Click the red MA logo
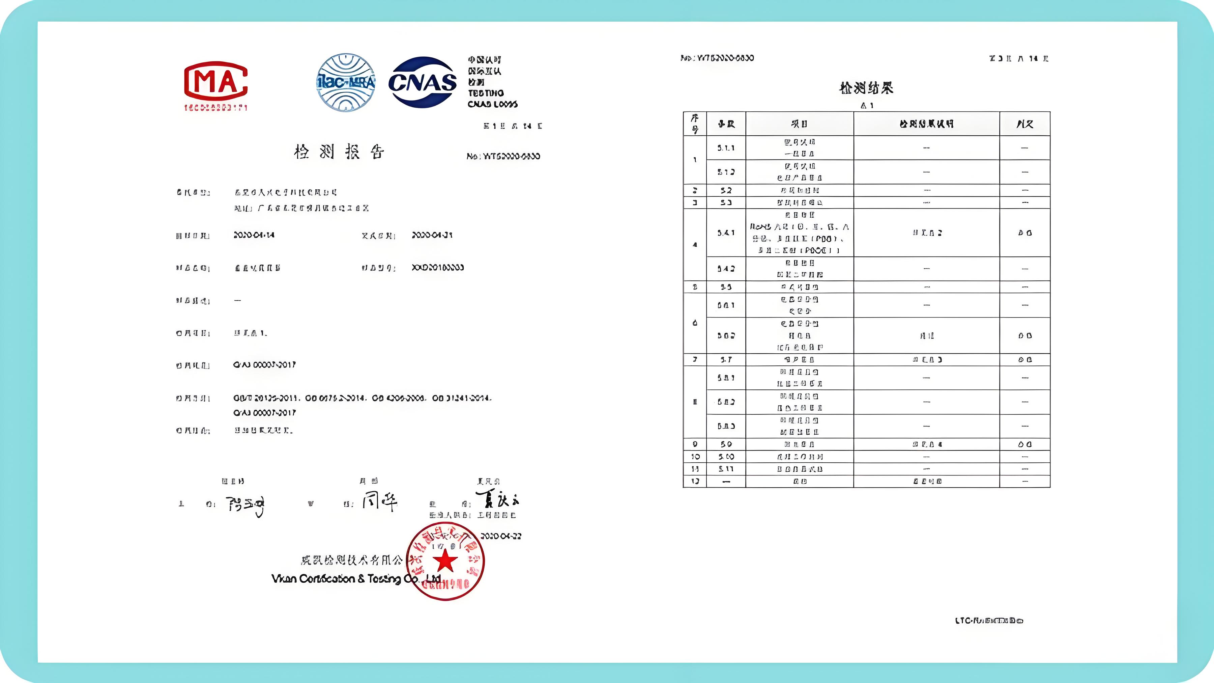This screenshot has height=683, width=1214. click(x=216, y=81)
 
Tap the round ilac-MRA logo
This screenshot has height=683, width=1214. click(x=346, y=83)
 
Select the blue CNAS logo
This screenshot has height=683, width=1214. click(x=422, y=83)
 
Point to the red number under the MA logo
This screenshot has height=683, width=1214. click(x=216, y=108)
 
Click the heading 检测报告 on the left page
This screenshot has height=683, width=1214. click(x=339, y=152)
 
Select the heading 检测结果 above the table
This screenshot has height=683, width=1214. click(x=866, y=88)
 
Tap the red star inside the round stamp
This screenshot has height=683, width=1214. click(x=445, y=561)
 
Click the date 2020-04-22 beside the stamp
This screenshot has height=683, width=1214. click(x=500, y=536)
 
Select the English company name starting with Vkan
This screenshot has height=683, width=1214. click(x=356, y=579)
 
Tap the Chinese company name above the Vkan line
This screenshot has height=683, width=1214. click(x=352, y=561)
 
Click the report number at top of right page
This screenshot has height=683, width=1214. click(x=717, y=58)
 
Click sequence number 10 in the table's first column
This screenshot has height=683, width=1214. click(x=695, y=457)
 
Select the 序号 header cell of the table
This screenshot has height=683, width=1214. click(x=695, y=124)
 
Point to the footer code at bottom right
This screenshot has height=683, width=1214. click(x=989, y=621)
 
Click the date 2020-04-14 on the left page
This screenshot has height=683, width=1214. click(x=254, y=235)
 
